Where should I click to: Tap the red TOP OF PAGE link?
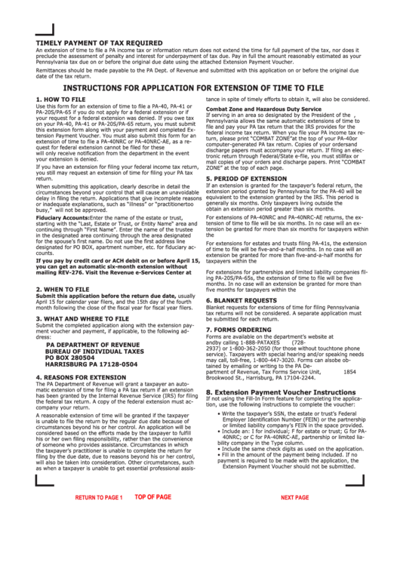pos(152,497)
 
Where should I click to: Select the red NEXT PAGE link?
pos(294,498)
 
